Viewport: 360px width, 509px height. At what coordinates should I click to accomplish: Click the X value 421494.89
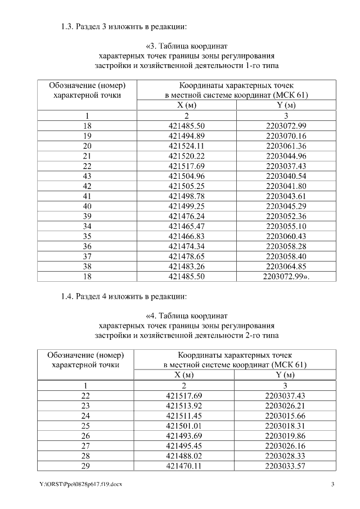(187, 136)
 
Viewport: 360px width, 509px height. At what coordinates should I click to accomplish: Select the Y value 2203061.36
(286, 146)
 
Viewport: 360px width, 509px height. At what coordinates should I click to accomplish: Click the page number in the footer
(332, 485)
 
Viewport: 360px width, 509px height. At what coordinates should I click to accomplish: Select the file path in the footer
(78, 485)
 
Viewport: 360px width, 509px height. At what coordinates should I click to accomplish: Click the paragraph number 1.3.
(69, 26)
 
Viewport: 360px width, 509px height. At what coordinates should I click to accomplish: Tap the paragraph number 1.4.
(69, 296)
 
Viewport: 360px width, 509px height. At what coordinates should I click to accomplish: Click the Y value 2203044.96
(286, 156)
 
